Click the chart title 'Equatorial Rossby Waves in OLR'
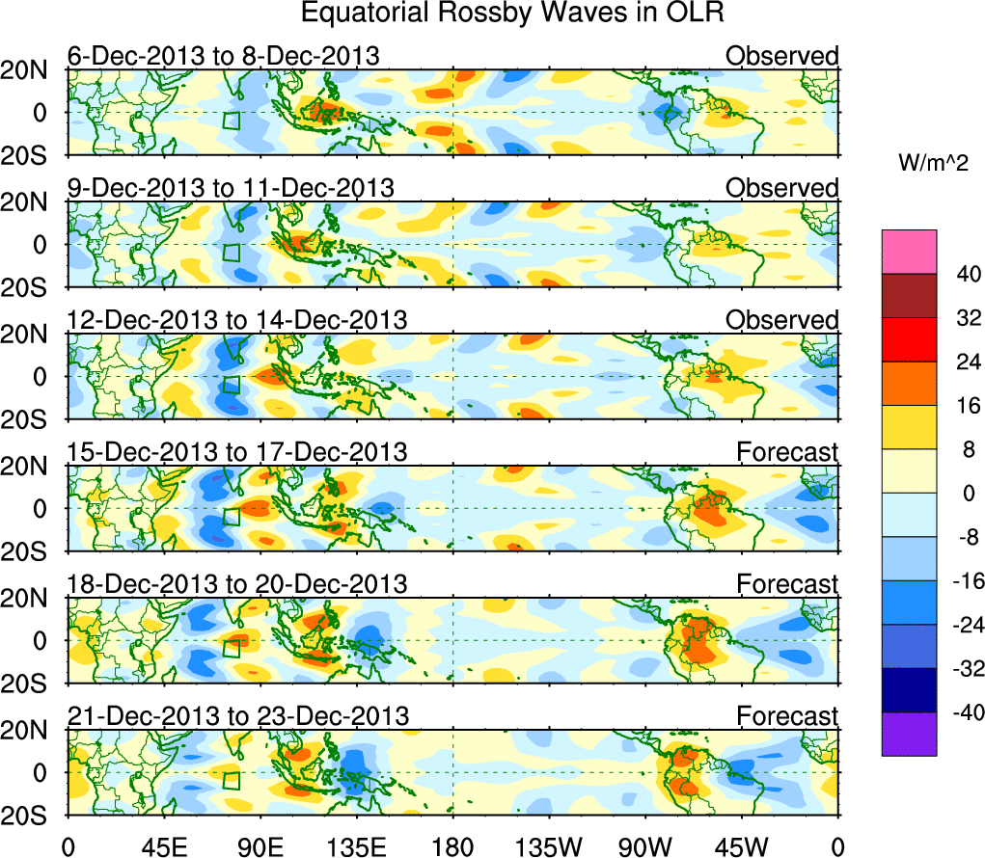510,13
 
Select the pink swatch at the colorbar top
909,251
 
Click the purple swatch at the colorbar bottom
909,734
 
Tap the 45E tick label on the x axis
163,845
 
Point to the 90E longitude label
260,845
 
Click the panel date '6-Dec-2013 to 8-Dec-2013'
223,56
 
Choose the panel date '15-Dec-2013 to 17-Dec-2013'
236,451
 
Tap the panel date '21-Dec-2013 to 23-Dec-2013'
237,716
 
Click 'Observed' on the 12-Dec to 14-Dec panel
781,320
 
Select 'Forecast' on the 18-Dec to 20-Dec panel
787,584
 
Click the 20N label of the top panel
32,69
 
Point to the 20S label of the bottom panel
32,816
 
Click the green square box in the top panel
231,121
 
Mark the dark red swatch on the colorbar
909,295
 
